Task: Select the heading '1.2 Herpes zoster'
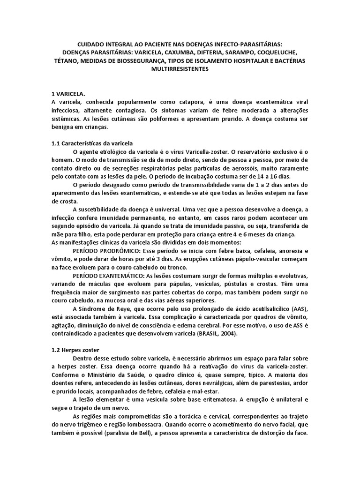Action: click(75, 350)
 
